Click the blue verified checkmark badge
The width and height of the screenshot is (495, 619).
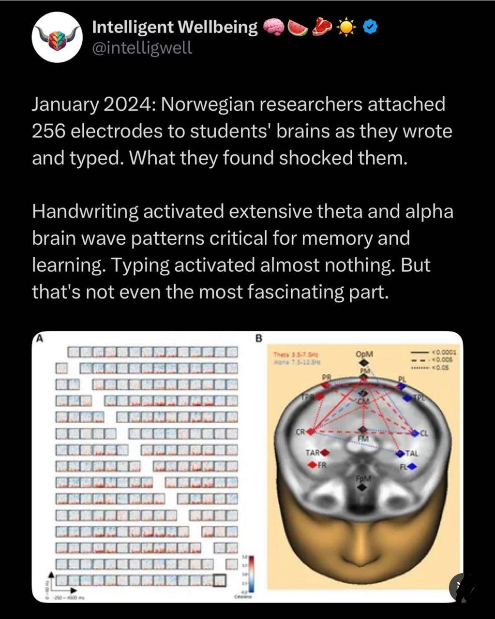tap(370, 28)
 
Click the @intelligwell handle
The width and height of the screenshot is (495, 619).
tap(142, 47)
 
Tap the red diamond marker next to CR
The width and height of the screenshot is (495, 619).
tap(313, 431)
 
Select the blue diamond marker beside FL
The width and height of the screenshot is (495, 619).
tap(411, 467)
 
